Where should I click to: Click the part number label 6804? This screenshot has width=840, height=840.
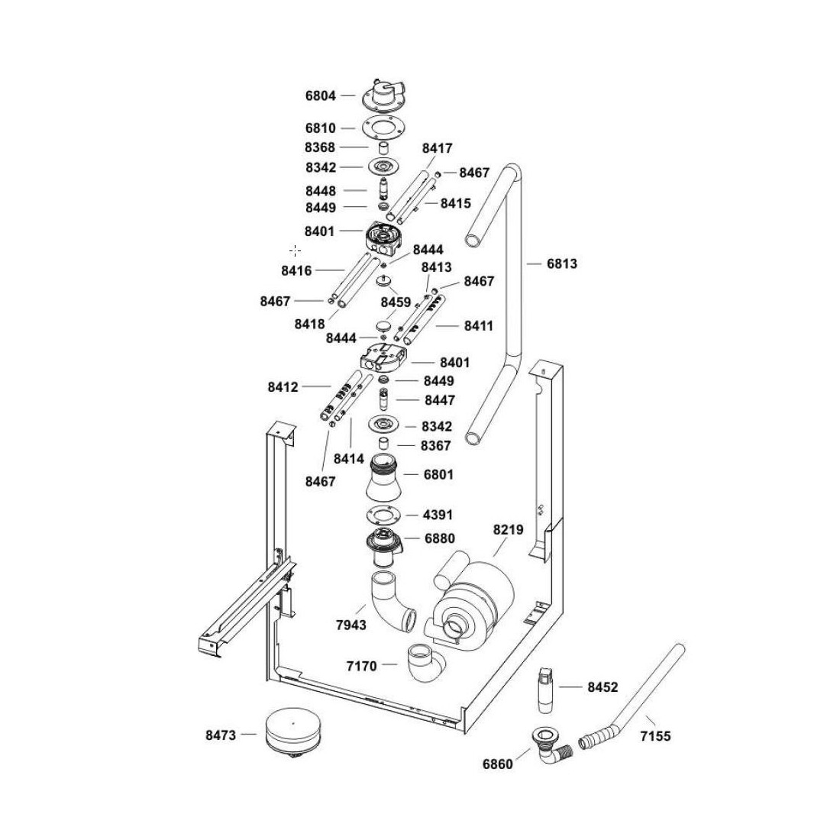pos(320,96)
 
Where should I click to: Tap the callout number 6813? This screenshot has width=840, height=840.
pos(562,264)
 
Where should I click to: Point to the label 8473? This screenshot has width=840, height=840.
pos(220,735)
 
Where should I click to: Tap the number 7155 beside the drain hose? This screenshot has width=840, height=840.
pos(655,736)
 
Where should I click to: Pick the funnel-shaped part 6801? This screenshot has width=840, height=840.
pos(389,477)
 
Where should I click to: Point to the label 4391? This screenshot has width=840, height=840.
pos(438,515)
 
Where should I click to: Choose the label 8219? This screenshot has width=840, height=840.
pos(509,528)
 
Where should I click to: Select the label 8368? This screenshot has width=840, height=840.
pos(320,147)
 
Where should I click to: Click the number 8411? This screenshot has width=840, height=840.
pos(479,326)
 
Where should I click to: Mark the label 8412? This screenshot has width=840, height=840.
pos(283,387)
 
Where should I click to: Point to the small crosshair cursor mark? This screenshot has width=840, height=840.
pos(296,250)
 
